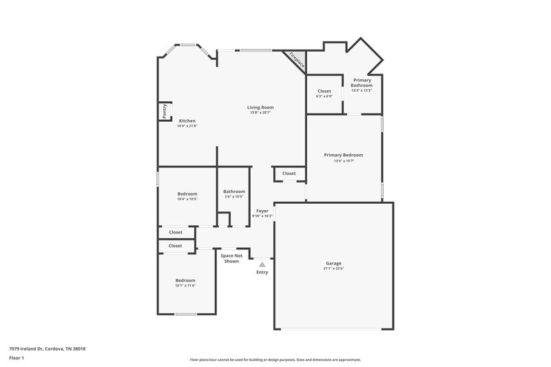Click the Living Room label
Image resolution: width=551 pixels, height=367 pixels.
coord(261,107)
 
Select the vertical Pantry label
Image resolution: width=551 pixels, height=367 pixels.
coord(165,112)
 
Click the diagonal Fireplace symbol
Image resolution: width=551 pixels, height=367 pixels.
coord(295,59)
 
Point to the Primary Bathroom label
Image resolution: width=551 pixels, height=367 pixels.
coord(362,83)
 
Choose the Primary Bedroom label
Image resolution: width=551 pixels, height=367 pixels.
coord(343,155)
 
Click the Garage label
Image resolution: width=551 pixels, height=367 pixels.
coord(333,263)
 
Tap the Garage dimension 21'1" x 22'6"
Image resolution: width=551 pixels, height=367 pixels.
coord(333,269)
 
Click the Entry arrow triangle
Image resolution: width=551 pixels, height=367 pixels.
coord(262,263)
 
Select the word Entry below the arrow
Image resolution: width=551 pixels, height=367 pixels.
coord(262,272)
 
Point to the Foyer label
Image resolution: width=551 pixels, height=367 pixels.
coord(262,211)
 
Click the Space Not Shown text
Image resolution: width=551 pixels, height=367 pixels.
coord(231,258)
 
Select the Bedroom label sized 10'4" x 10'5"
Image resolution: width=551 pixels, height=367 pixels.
coord(187,193)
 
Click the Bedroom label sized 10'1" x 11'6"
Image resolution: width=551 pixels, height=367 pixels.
coord(185,280)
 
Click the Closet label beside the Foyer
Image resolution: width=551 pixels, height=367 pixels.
coord(289,174)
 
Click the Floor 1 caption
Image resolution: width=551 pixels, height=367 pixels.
coord(17,358)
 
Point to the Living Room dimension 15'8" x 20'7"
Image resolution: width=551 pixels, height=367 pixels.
coord(261,112)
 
